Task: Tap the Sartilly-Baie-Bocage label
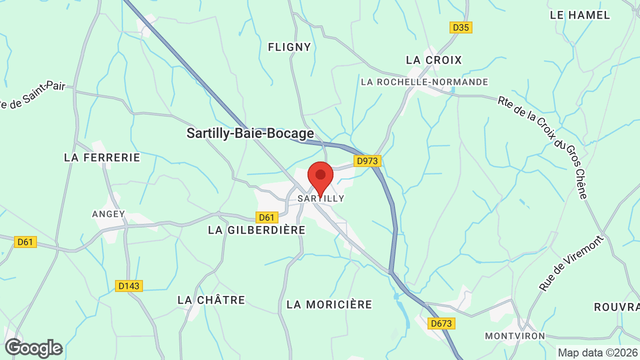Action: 250,133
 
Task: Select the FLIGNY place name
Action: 289,47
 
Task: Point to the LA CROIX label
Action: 434,60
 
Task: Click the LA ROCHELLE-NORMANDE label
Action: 424,81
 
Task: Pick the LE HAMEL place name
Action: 580,15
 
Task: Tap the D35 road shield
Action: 460,27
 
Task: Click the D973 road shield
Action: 367,161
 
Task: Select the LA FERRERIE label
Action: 102,157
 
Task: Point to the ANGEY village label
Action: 108,214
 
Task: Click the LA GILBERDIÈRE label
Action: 256,230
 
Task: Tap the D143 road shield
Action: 129,286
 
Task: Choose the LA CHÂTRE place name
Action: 211,300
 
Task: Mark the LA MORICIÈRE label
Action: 329,304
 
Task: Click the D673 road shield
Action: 441,323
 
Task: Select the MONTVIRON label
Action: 515,336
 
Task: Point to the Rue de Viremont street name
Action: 572,263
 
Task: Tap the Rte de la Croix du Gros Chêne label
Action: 542,147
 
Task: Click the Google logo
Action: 33,348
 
